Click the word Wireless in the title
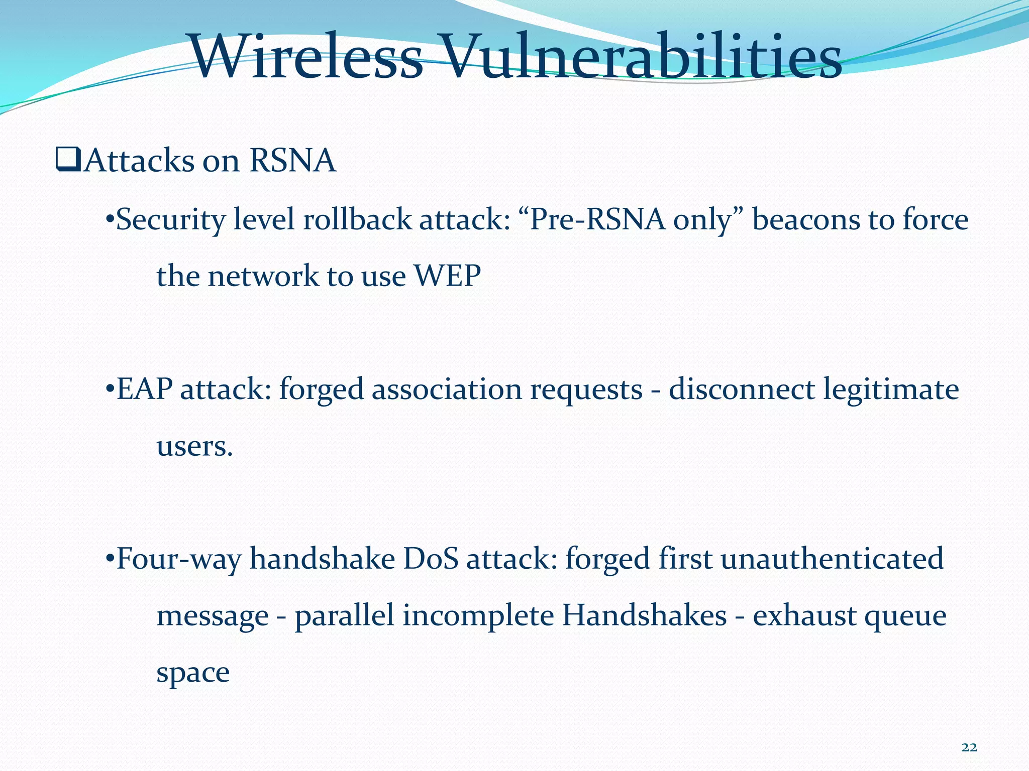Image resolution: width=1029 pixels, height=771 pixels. point(306,56)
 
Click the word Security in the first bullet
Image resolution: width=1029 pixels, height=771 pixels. point(171,220)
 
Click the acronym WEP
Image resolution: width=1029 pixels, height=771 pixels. point(447,276)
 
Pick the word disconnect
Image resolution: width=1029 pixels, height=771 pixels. point(741,390)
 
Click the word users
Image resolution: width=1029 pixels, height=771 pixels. point(194,446)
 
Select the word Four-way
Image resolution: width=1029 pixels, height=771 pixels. point(178,559)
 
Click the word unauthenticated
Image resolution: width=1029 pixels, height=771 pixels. point(832,559)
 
